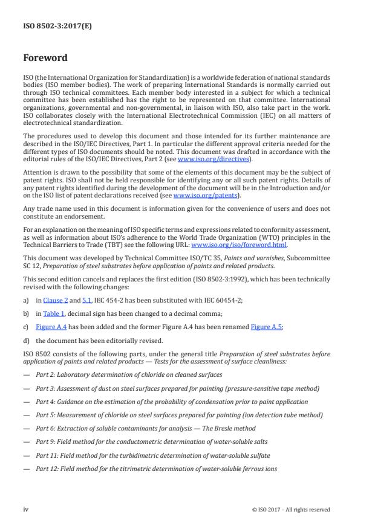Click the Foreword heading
click(45, 59)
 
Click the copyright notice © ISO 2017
click(291, 509)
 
